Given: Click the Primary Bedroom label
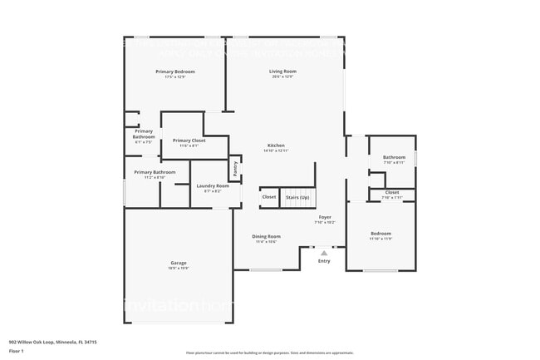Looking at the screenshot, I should [175, 72].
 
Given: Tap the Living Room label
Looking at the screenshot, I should [282, 72].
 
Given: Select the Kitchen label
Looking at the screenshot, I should [275, 145].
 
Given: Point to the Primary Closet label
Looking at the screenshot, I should [189, 141].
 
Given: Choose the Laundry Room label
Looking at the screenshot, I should [212, 185].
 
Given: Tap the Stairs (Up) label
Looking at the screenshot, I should [297, 197].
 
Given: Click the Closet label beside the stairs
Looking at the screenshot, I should [269, 197].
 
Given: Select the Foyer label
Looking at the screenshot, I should [325, 217].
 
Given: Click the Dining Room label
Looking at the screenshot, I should [267, 236].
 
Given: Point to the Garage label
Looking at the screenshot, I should [179, 263].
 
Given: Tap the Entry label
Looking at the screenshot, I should [324, 261].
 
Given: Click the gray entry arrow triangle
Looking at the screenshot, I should [324, 252].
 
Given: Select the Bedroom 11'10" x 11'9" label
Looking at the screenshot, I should [380, 234].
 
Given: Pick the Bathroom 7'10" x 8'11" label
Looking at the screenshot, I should [394, 157].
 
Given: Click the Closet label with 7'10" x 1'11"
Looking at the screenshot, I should [392, 192].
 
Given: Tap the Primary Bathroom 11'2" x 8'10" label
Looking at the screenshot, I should [155, 172].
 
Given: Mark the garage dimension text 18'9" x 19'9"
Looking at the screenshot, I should [179, 269].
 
